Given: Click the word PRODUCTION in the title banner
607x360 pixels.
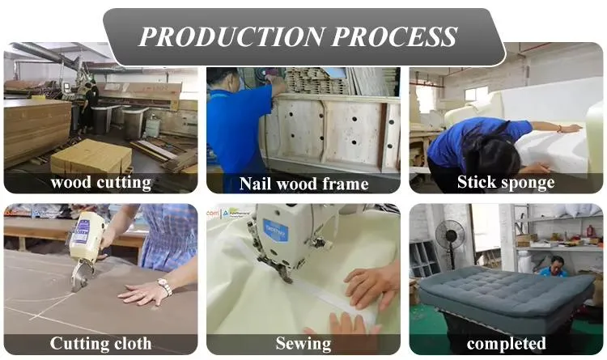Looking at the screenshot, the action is pyautogui.click(x=231, y=36).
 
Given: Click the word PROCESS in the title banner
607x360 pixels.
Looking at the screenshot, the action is pyautogui.click(x=395, y=36).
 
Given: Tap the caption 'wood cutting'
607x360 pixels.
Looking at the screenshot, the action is pyautogui.click(x=101, y=182).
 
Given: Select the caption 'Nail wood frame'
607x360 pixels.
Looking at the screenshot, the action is pyautogui.click(x=303, y=184).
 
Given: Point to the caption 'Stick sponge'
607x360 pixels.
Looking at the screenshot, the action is pyautogui.click(x=506, y=182).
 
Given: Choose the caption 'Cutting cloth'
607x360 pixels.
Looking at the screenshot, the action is pyautogui.click(x=100, y=343).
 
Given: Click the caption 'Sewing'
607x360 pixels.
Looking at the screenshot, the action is pyautogui.click(x=303, y=343).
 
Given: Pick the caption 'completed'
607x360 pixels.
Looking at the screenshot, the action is pyautogui.click(x=507, y=343).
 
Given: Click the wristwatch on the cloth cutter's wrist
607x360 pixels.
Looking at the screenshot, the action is pyautogui.click(x=165, y=286).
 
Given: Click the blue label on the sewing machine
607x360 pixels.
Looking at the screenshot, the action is pyautogui.click(x=276, y=230).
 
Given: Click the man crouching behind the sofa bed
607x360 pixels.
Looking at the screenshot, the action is pyautogui.click(x=554, y=266).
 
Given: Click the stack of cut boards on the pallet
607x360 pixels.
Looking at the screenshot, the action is pyautogui.click(x=91, y=156).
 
